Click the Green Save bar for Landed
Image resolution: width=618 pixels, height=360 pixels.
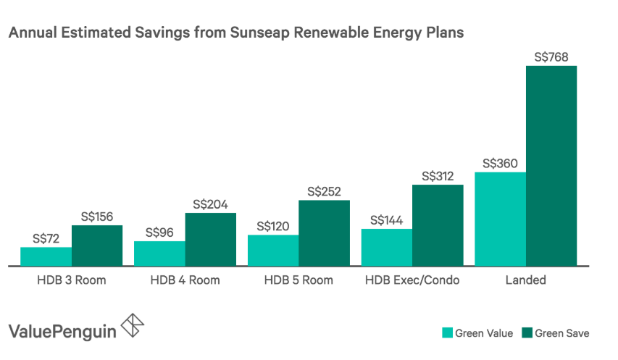pos(551,166)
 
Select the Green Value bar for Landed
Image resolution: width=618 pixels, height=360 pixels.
pos(500,219)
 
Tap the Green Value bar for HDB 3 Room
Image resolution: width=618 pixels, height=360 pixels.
pos(46,256)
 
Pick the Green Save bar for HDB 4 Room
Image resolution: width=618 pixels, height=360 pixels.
pos(210,240)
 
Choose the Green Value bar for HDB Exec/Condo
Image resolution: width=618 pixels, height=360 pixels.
pos(386,248)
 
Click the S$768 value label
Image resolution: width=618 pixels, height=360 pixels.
pos(551,56)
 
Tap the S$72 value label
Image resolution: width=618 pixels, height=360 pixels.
pos(46,238)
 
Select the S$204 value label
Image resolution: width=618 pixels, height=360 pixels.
pos(210,204)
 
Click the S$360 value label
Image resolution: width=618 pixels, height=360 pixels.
pos(500,163)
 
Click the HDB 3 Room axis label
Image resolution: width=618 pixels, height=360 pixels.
pos(71,280)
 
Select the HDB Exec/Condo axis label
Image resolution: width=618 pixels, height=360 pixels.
pos(412,280)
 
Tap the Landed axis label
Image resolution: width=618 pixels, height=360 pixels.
pos(525,280)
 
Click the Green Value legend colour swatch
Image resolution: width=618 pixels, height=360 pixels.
pos(448,333)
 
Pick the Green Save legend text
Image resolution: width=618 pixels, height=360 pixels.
pos(562,333)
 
